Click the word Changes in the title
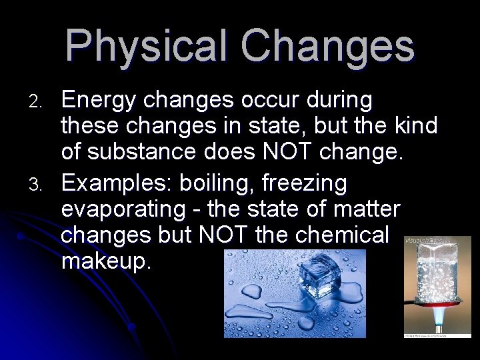[x=327, y=47]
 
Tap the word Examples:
[x=119, y=183]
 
